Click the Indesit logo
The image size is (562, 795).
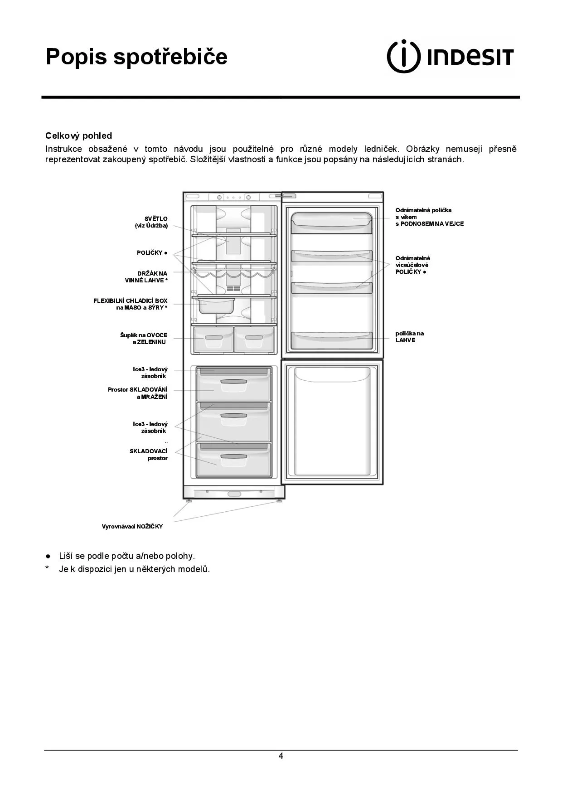point(450,57)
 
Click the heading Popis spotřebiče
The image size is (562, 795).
point(136,57)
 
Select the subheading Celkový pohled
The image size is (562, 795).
point(78,136)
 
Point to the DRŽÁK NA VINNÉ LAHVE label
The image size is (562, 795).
point(146,277)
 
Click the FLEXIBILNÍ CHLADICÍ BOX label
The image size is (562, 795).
point(131,304)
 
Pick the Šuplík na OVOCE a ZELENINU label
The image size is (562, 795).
point(144,339)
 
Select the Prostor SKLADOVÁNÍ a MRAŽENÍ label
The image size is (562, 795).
point(138,393)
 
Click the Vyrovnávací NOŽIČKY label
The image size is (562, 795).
point(132,526)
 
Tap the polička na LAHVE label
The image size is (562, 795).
point(409,337)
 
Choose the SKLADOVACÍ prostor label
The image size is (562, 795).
point(149,455)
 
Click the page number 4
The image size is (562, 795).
point(281,756)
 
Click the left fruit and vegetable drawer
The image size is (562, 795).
point(213,339)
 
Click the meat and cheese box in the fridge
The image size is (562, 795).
point(215,305)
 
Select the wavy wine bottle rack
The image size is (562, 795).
point(234,274)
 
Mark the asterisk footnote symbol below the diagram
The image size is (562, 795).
point(47,569)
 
